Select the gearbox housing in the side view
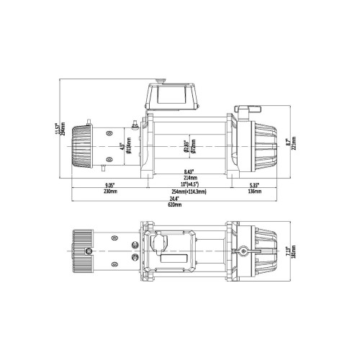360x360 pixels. point(259,143)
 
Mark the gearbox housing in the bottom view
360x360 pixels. point(259,252)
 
